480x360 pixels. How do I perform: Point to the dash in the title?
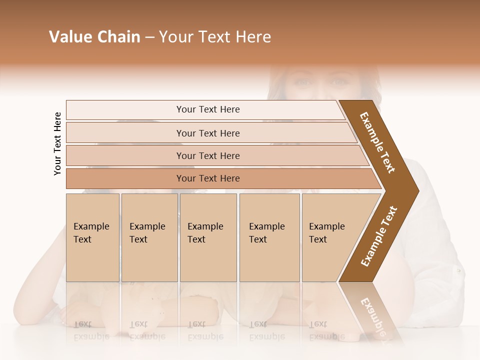149,37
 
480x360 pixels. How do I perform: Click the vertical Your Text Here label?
57,143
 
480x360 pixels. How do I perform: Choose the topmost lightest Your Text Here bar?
207,109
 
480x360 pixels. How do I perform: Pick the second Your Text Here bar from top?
207,133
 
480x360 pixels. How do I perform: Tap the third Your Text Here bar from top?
207,155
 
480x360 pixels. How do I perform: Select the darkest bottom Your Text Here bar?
207,178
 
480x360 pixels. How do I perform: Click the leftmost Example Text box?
92,237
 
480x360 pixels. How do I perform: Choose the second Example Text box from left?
149,237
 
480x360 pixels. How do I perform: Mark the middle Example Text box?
208,237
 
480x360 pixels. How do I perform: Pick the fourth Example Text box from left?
269,237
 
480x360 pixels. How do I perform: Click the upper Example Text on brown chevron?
377,142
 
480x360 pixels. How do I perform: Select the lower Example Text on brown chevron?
379,236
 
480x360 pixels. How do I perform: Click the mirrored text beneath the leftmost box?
91,330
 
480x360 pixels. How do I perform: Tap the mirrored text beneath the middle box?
205,330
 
